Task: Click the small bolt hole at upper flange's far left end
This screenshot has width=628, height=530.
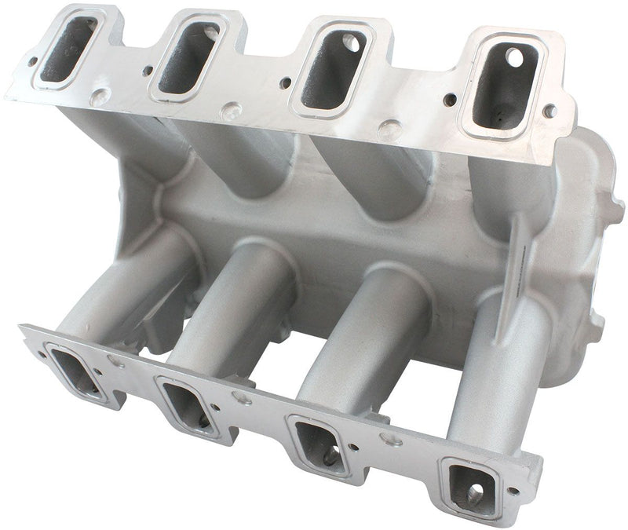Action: pyautogui.click(x=32, y=60)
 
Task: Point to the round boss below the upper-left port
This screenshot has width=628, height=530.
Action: pyautogui.click(x=100, y=97)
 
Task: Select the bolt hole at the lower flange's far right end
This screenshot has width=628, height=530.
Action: pyautogui.click(x=513, y=491)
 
